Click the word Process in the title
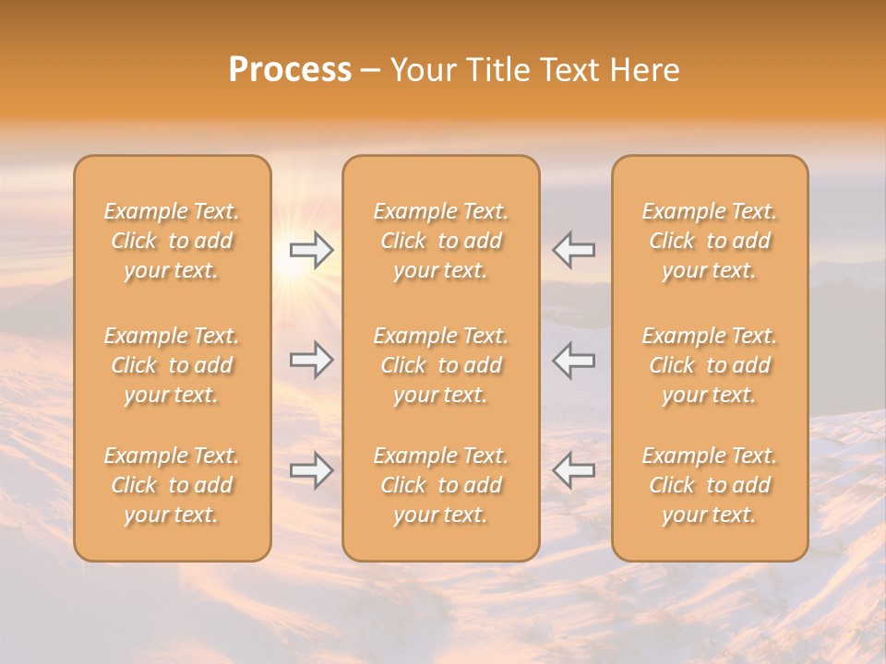coord(290,70)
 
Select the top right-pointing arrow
coord(311,250)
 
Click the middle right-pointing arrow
coord(311,360)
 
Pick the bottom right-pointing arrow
coord(311,470)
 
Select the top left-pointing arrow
coord(574,250)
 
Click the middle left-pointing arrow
coord(574,360)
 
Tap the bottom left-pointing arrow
coord(574,470)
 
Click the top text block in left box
coord(172,241)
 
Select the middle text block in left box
coord(172,365)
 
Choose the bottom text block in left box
coord(172,485)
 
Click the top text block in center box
coord(441,241)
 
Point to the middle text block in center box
coord(441,365)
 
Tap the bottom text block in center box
coord(441,485)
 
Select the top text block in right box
coord(710,241)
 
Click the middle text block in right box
coord(710,365)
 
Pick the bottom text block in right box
coord(710,485)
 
